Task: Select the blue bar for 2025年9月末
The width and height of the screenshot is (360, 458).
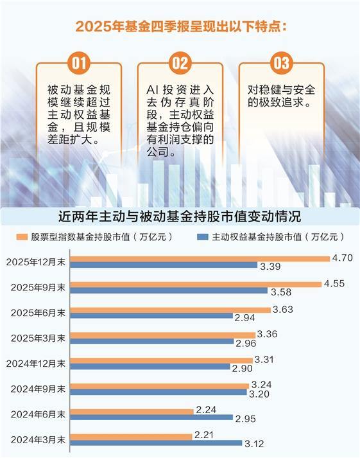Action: coord(168,290)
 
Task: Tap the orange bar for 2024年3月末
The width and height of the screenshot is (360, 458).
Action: coord(131,437)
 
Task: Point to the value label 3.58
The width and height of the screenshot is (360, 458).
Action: coord(280,291)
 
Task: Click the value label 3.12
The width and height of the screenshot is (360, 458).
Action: coord(253,443)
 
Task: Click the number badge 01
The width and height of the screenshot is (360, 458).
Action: coord(78,63)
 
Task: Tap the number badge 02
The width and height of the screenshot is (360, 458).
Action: coord(180,63)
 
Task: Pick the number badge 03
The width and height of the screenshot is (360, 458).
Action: coord(281,63)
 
